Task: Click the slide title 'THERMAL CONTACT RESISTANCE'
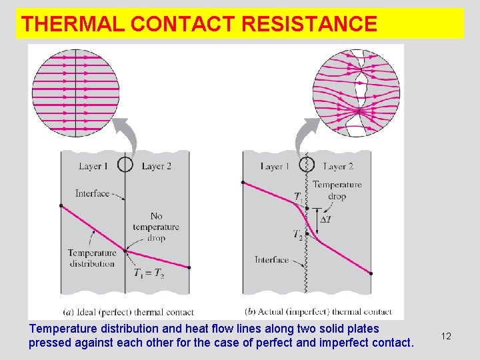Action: [199, 24]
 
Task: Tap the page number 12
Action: [446, 336]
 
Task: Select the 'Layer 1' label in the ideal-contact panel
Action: [93, 166]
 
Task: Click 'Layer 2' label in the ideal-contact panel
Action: [157, 166]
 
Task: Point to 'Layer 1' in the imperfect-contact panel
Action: [275, 166]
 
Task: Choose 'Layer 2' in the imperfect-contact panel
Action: [338, 166]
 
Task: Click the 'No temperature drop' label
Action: [156, 227]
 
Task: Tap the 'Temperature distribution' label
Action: [92, 258]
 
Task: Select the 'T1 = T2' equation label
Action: [149, 272]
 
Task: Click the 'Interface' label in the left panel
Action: [93, 193]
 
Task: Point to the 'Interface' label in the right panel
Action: [272, 260]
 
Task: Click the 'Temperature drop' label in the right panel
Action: [337, 190]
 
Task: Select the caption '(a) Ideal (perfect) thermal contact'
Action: [127, 311]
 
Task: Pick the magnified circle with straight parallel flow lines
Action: [75, 93]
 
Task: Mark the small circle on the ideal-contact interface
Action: [125, 164]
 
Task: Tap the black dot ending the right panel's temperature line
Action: [371, 273]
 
